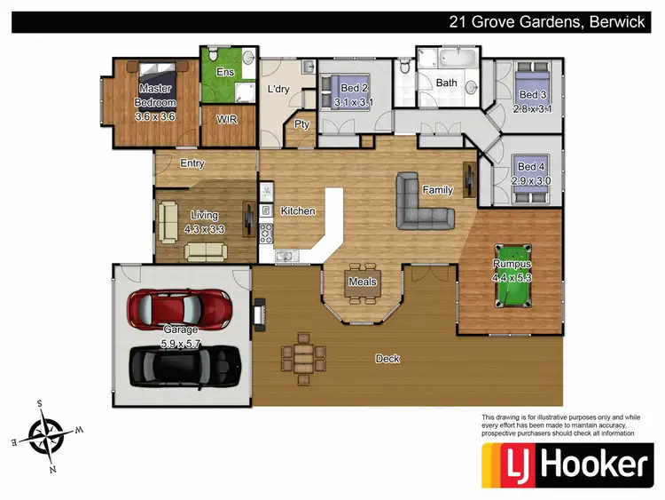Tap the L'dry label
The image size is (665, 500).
[279, 90]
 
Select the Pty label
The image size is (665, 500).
[301, 124]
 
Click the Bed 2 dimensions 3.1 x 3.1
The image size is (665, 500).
[353, 103]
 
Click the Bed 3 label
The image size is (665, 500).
[532, 95]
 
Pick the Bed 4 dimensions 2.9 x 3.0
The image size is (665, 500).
[531, 180]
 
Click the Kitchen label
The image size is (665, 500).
[298, 211]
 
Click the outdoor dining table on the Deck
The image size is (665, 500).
[302, 355]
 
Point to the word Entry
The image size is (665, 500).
[192, 163]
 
